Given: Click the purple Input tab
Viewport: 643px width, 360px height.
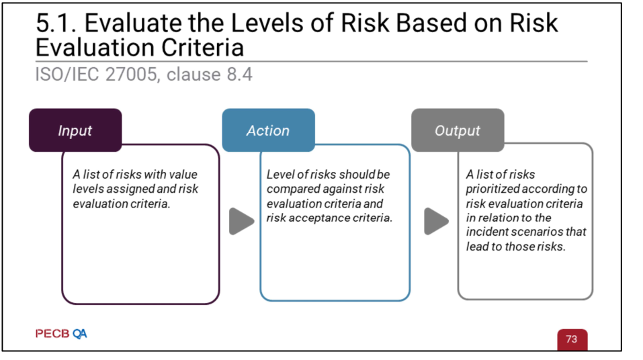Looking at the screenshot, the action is pyautogui.click(x=75, y=130).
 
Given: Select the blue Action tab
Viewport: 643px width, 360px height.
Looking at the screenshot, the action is pyautogui.click(x=269, y=130).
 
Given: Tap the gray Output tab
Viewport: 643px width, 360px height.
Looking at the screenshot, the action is pyautogui.click(x=458, y=130).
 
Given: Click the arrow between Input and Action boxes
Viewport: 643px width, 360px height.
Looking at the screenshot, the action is pyautogui.click(x=241, y=222).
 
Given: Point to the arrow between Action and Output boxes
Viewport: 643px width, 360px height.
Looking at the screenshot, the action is pyautogui.click(x=436, y=222).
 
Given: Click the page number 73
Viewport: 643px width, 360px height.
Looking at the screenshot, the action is pyautogui.click(x=572, y=339).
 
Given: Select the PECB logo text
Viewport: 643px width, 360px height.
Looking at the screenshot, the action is pyautogui.click(x=52, y=334).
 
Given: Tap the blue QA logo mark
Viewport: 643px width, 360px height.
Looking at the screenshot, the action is pyautogui.click(x=80, y=334).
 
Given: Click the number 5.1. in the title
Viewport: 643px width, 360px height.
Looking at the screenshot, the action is pyautogui.click(x=56, y=23).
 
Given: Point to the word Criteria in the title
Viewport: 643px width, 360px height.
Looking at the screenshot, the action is pyautogui.click(x=203, y=48).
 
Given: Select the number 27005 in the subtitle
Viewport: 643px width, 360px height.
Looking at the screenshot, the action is pyautogui.click(x=131, y=74).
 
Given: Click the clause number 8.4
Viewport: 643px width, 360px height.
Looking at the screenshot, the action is pyautogui.click(x=239, y=74).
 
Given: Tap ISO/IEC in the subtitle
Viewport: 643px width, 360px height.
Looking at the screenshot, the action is pyautogui.click(x=67, y=74).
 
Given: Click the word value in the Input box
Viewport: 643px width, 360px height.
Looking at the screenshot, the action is pyautogui.click(x=183, y=174).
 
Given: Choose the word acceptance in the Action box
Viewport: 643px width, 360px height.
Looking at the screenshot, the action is pyautogui.click(x=319, y=218).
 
